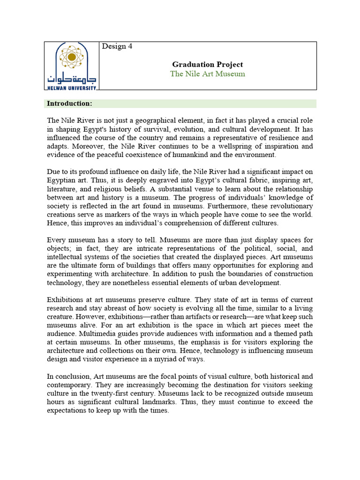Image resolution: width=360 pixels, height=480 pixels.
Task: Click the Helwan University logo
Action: (71, 66)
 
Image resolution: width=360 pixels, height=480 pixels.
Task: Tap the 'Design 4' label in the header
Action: (117, 46)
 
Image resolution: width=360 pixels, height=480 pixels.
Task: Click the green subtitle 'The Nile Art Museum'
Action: (207, 74)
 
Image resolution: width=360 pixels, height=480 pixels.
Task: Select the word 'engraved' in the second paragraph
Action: (134, 180)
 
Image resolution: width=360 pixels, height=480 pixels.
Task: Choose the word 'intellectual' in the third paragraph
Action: (67, 257)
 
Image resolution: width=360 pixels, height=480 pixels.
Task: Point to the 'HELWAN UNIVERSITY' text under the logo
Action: (71, 87)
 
